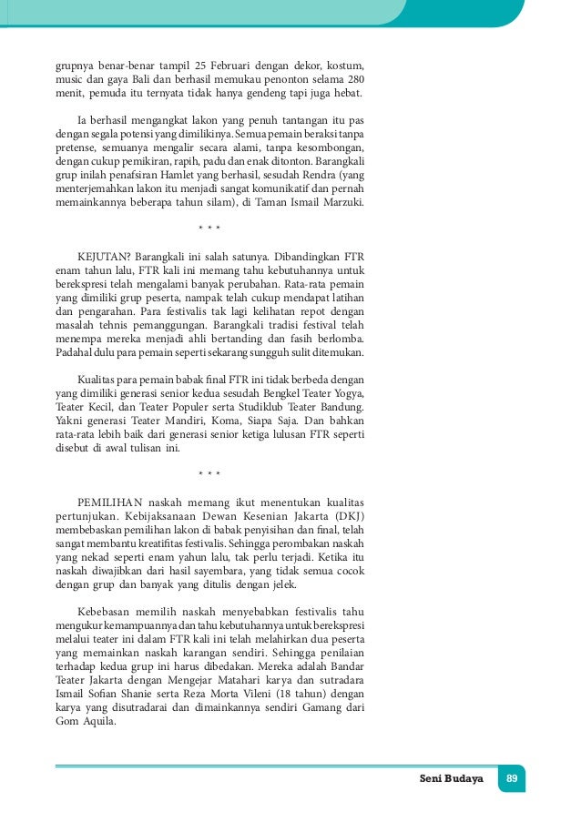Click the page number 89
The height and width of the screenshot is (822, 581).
tap(511, 779)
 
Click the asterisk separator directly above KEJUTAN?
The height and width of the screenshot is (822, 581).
tap(209, 225)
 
